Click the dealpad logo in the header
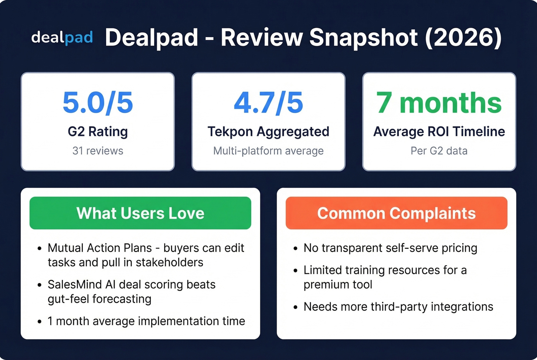62,38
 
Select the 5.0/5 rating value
98,103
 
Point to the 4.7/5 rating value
268,103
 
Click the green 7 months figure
439,103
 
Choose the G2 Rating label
98,132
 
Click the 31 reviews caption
98,151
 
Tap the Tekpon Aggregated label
268,132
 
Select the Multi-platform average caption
268,151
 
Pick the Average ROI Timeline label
439,132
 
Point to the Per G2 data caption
439,151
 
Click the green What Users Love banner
140,213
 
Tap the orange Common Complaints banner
396,213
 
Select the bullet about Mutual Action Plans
146,255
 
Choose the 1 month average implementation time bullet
146,321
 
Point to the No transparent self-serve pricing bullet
390,248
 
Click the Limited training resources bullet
385,277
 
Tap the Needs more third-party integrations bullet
398,307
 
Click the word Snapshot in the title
363,38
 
